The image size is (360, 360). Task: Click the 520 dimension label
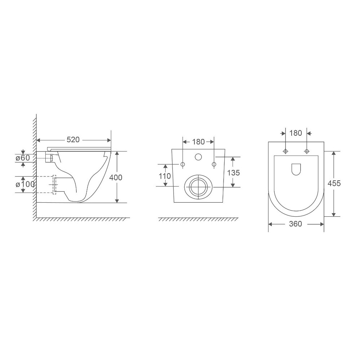pyautogui.click(x=73, y=139)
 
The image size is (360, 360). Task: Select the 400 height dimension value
pyautogui.click(x=116, y=177)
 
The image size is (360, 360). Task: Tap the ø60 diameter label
pyautogui.click(x=23, y=158)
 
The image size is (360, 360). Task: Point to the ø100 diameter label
pyautogui.click(x=25, y=184)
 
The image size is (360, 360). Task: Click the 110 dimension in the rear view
pyautogui.click(x=165, y=176)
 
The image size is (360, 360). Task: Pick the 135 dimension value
pyautogui.click(x=233, y=172)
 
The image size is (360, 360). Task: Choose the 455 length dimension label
pyautogui.click(x=334, y=183)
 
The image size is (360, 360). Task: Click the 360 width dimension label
pyautogui.click(x=296, y=224)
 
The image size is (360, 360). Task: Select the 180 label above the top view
pyautogui.click(x=296, y=133)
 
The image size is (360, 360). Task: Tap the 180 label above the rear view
pyautogui.click(x=198, y=141)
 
